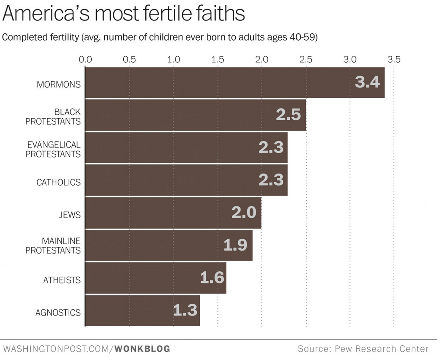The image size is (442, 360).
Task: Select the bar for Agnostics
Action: click(143, 311)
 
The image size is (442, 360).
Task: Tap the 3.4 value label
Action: click(367, 82)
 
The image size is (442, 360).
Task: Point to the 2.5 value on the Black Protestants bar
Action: click(288, 115)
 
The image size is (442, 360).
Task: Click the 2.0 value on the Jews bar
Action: click(244, 212)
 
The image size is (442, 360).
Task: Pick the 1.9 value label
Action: click(235, 245)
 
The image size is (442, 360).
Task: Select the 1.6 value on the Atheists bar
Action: click(212, 277)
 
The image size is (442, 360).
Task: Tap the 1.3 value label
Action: click(186, 310)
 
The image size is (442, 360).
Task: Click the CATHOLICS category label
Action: click(58, 182)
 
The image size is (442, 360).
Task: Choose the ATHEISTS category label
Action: click(62, 280)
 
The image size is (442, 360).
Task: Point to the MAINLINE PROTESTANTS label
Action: click(53, 245)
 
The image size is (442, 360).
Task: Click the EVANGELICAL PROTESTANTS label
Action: click(53, 149)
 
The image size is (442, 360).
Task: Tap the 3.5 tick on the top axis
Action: click(394, 59)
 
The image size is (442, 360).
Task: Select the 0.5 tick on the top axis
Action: click(129, 59)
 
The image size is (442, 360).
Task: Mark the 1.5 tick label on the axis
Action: click(218, 59)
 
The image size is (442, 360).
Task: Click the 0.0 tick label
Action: click(85, 59)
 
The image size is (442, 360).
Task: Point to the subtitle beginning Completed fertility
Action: click(160, 37)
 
